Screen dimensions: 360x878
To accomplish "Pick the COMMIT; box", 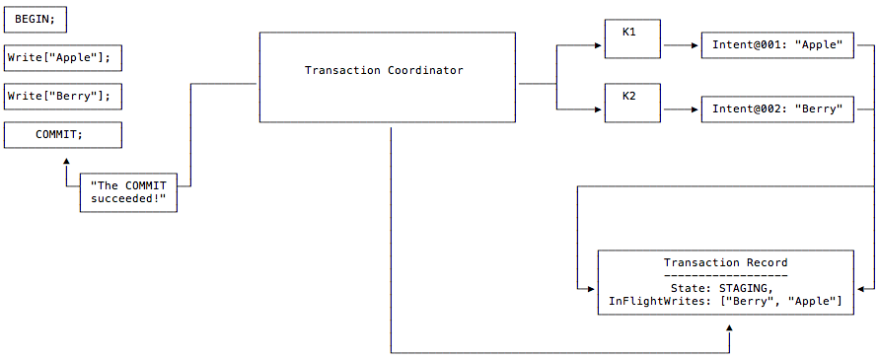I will pos(62,135).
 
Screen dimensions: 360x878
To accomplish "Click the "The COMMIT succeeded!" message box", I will pos(127,191).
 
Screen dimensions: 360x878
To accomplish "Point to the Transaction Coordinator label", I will pos(384,71).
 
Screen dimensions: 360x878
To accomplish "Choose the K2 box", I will pos(631,103).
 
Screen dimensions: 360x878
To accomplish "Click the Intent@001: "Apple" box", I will pos(776,45).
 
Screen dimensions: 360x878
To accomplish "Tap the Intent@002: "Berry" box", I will pos(776,108).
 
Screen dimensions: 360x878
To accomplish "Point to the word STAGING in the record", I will pos(760,288).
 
